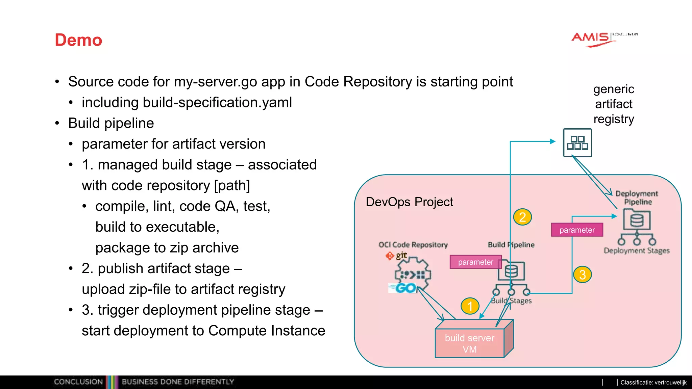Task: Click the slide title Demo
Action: pos(78,40)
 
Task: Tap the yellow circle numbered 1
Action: pos(470,306)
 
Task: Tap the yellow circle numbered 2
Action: pos(522,217)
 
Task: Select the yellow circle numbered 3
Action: pos(582,275)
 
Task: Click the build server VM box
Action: pos(470,343)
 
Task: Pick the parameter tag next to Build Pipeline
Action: pos(475,262)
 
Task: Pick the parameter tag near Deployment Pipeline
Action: pos(577,230)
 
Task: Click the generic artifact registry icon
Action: pos(577,143)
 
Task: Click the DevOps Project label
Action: pos(409,202)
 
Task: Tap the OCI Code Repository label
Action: pos(413,245)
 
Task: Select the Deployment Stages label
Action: pos(637,251)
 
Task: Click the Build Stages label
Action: pos(511,301)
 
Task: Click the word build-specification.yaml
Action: pos(217,103)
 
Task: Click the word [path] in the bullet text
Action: pos(232,186)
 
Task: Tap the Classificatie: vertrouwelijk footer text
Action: pos(653,383)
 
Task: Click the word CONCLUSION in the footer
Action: pos(78,382)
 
